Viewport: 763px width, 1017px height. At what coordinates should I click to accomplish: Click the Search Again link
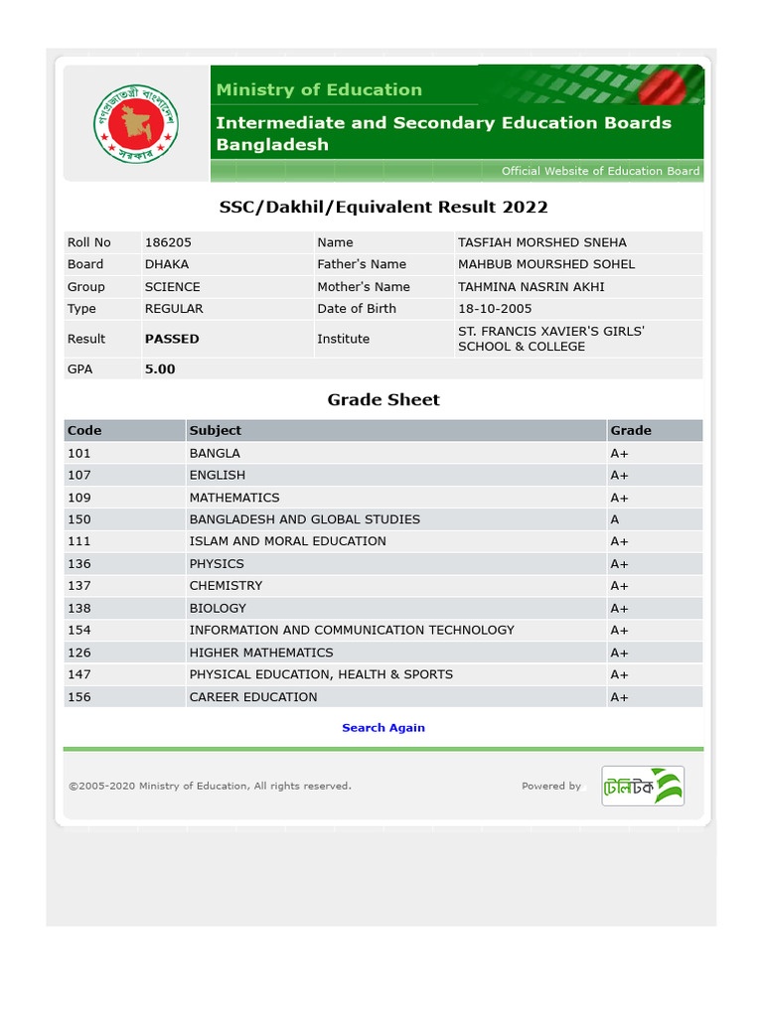(x=382, y=728)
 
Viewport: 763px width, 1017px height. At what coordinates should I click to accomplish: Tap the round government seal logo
(x=133, y=123)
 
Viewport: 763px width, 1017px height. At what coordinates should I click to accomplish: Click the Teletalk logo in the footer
(x=643, y=786)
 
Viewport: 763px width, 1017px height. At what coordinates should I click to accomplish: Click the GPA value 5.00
(x=160, y=368)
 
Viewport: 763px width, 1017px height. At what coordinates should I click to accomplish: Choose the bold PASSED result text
(x=172, y=339)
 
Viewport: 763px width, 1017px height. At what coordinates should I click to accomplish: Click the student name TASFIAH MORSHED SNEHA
(x=541, y=242)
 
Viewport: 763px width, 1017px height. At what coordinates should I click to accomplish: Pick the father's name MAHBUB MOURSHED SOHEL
(x=545, y=264)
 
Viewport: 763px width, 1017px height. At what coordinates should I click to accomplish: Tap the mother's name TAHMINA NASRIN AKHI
(x=531, y=287)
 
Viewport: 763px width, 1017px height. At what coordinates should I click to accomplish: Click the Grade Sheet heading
(x=383, y=400)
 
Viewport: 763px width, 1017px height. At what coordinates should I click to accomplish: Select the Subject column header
(x=216, y=431)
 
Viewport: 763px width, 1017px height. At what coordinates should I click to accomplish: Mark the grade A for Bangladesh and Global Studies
(x=615, y=519)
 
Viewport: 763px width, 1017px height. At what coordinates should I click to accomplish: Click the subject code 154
(x=79, y=631)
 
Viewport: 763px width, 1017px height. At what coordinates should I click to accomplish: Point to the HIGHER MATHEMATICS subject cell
(x=261, y=653)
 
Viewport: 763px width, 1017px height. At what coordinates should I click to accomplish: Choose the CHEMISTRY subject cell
(x=226, y=586)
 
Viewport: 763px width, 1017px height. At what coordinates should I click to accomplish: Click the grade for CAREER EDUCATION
(x=619, y=697)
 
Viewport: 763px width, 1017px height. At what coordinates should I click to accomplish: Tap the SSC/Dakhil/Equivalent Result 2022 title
(x=383, y=208)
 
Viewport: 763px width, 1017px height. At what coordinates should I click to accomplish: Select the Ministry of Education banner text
(x=319, y=90)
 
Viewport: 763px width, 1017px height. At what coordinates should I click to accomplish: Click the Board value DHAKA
(x=167, y=264)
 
